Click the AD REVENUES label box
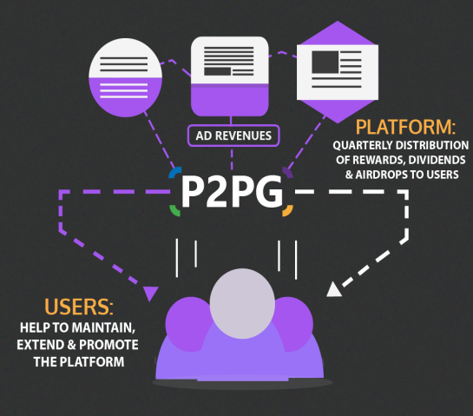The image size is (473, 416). tap(233, 135)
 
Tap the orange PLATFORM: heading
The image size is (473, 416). tap(405, 127)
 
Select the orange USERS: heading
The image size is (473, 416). tap(79, 307)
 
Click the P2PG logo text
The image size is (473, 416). tap(232, 192)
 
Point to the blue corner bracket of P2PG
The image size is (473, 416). tap(174, 171)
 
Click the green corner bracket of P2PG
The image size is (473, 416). tap(174, 211)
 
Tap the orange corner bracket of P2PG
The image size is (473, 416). tap(288, 211)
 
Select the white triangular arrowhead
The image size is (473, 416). tap(333, 290)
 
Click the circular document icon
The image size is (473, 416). tap(125, 77)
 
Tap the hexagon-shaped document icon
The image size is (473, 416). tap(338, 72)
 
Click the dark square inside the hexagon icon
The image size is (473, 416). tap(325, 63)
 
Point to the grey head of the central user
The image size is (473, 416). tap(242, 303)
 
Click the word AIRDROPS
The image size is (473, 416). tap(381, 175)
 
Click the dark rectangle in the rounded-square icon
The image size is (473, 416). tap(218, 71)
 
